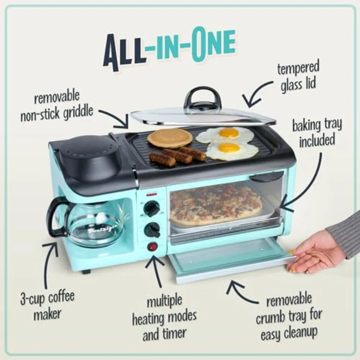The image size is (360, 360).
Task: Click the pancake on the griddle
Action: [170, 138]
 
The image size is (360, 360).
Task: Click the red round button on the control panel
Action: [152, 247]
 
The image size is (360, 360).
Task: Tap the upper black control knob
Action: [152, 208]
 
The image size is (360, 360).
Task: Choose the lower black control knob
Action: [152, 230]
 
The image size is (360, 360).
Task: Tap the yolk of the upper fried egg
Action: [229, 133]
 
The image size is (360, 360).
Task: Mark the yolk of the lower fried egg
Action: [229, 148]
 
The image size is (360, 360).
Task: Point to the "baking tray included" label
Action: [316, 132]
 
